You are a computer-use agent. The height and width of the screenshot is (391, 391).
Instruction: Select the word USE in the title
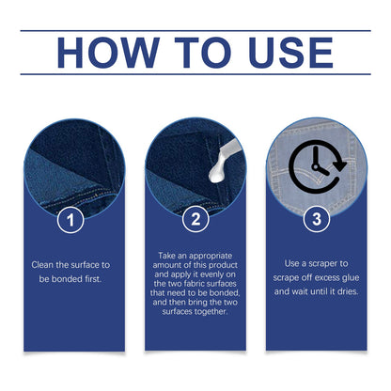[290, 53]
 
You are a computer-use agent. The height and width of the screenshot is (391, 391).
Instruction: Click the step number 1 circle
[70, 220]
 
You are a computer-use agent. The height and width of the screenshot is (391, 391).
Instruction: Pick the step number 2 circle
[195, 219]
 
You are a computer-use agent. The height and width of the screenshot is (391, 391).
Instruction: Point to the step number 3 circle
[317, 219]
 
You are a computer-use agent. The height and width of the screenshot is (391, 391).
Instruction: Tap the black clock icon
[317, 166]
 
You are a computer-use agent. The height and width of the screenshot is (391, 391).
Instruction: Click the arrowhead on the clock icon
[339, 164]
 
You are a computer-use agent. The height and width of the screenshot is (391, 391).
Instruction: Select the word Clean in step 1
[42, 265]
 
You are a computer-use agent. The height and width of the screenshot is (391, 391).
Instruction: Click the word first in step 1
[93, 279]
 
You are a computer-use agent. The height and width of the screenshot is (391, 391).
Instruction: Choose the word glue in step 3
[351, 278]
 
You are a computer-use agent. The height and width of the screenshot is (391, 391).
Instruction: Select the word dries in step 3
[348, 291]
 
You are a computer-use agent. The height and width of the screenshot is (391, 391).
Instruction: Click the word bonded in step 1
[67, 279]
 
